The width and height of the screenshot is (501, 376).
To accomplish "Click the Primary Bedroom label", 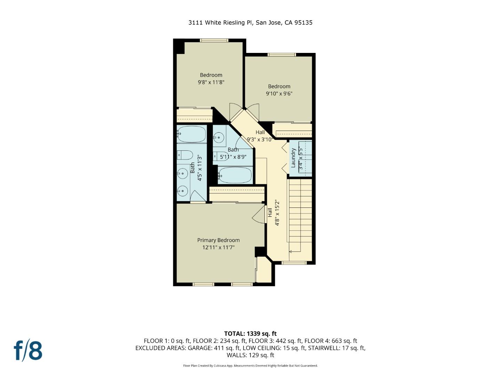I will [218, 240].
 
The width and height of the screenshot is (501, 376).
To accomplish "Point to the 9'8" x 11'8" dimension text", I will [211, 83].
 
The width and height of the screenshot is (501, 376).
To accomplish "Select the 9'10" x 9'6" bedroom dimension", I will [279, 94].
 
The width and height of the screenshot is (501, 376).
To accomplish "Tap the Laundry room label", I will [293, 158].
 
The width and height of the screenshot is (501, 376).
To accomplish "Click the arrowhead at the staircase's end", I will [290, 251].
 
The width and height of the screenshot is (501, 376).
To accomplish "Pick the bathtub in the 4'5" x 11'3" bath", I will [191, 134].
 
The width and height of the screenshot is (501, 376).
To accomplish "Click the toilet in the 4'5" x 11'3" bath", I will [185, 155].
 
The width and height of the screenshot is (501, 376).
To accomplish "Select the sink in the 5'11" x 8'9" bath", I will [219, 138].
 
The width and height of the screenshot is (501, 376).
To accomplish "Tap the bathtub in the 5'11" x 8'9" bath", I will [235, 175].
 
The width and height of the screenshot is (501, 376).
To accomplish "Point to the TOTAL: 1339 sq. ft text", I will [250, 334].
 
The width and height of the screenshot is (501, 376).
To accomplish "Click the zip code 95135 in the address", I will [303, 23].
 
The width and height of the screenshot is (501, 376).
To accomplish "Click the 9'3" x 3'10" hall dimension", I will [260, 140].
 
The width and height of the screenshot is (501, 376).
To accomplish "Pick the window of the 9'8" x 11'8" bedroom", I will [214, 40].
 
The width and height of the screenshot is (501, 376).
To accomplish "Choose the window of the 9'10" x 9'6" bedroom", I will [281, 55].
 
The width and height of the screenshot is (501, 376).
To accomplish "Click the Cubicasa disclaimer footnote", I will [250, 366].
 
